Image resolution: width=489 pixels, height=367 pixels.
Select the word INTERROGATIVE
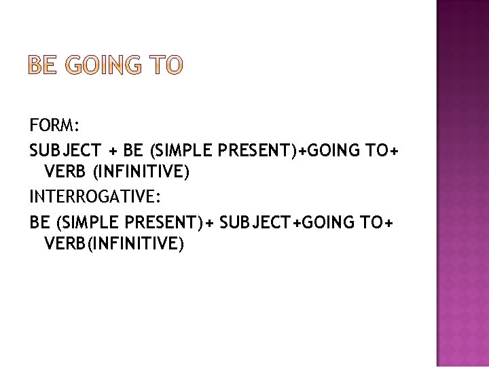[94, 197]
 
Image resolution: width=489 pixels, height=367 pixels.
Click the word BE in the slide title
[45, 65]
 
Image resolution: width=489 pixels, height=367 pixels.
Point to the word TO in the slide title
[166, 65]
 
